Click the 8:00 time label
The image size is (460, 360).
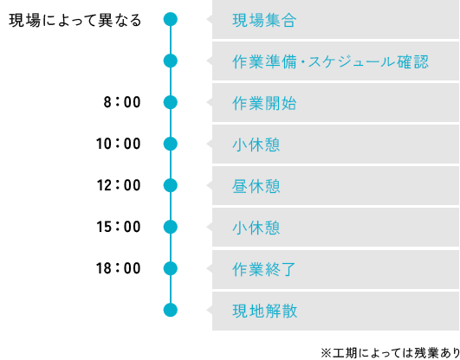pos(122,102)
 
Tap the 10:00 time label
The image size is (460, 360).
pos(119,144)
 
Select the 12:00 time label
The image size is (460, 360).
pos(119,185)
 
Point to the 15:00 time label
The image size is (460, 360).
pos(119,227)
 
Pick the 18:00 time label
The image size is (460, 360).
pos(119,268)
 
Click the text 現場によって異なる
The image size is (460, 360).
pos(75,21)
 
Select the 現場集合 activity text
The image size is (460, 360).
pos(264,21)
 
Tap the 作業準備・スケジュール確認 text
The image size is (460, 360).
pos(330,62)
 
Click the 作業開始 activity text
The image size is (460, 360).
pos(264,104)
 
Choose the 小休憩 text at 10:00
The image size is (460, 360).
pos(256,145)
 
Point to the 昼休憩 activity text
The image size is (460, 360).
pos(256,187)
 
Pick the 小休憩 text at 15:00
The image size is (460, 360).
pos(256,228)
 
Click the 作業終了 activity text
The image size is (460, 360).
pos(263,270)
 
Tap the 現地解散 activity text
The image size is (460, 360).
pos(264,312)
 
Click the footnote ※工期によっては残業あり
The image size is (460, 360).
pos(390,353)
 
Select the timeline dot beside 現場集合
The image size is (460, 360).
pos(171,19)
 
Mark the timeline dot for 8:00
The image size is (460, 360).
pos(171,102)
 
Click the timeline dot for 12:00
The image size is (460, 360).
pos(171,185)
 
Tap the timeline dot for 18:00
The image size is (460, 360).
pos(171,268)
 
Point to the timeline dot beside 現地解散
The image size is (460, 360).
pos(171,310)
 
